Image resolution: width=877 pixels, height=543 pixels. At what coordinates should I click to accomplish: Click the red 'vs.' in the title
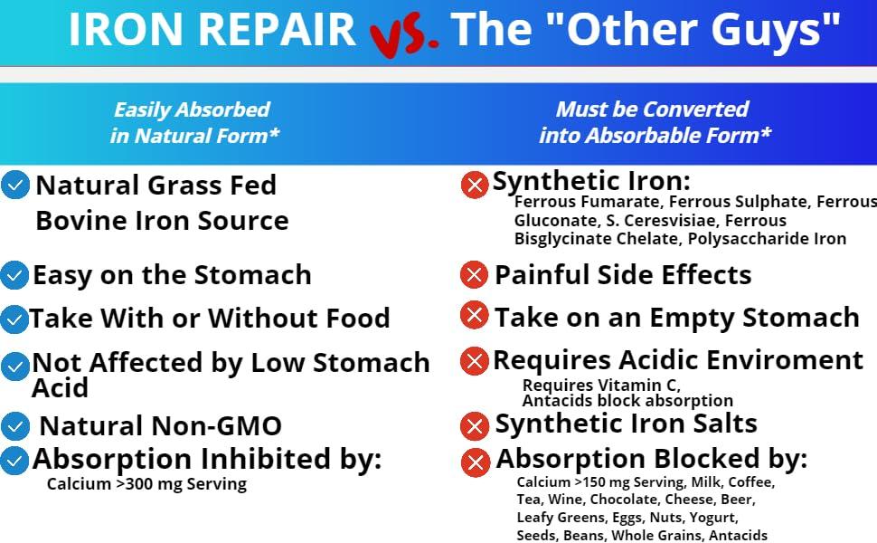404,33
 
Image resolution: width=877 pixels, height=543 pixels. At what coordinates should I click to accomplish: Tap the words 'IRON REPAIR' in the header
212,30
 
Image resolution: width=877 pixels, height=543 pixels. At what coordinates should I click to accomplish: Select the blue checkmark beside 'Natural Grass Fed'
15,186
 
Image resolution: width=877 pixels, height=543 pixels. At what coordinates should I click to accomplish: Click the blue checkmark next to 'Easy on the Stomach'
14,274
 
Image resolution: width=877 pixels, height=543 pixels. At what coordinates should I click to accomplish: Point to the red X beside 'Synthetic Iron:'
475,185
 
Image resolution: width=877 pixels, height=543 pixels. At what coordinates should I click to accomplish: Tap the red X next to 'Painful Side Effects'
474,274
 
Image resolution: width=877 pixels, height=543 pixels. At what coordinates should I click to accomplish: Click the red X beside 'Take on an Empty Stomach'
474,316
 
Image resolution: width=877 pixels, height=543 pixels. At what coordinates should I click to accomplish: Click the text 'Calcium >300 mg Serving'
146,484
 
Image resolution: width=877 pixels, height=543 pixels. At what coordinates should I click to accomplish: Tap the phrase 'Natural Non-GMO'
161,425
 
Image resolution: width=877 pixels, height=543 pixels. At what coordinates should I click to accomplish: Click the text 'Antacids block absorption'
627,400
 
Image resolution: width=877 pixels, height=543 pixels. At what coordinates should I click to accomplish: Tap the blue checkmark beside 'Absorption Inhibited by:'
14,461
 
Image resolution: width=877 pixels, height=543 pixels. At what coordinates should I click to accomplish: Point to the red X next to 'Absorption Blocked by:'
476,462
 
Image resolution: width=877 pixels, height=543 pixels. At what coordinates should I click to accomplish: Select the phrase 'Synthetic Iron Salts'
626,424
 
